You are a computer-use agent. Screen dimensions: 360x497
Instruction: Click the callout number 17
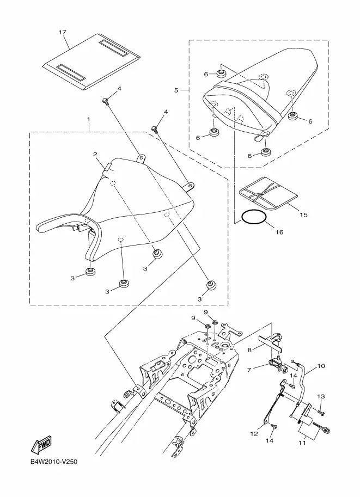[63, 32]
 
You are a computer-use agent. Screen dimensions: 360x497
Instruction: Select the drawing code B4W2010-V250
[53, 462]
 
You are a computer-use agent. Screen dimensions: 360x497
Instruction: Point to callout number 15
[303, 215]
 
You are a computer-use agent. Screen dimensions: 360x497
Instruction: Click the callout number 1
[89, 120]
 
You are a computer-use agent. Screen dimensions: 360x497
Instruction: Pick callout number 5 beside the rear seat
[176, 90]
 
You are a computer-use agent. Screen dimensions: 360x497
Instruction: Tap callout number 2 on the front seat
[95, 155]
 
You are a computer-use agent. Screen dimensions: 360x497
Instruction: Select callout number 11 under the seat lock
[302, 443]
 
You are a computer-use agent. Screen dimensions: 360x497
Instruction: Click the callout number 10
[321, 366]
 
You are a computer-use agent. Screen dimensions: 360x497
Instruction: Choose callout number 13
[321, 396]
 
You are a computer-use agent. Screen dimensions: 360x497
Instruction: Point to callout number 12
[254, 434]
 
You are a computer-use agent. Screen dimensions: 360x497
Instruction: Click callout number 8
[249, 350]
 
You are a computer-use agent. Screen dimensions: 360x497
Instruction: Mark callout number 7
[249, 370]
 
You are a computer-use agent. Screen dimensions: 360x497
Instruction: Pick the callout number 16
[279, 232]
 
